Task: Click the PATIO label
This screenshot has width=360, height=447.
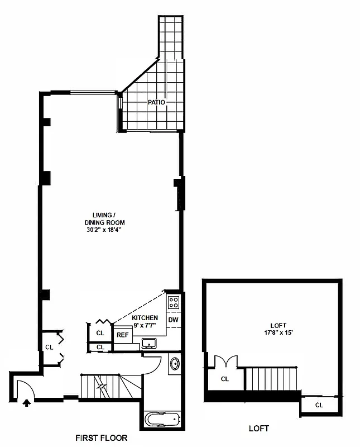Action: click(x=156, y=102)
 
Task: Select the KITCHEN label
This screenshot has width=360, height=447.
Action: click(x=145, y=317)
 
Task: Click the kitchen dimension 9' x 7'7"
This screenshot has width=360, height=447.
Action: click(x=145, y=325)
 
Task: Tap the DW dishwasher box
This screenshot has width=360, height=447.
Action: click(x=174, y=320)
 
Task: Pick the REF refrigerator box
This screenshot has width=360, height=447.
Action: click(x=122, y=336)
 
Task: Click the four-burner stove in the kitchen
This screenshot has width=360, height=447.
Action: click(x=174, y=302)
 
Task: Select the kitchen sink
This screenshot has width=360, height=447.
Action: click(x=149, y=343)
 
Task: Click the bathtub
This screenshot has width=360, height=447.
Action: click(x=162, y=419)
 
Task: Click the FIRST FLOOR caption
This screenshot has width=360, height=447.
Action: click(x=102, y=438)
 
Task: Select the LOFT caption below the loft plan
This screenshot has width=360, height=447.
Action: click(x=258, y=429)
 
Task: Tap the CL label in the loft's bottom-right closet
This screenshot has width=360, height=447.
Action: click(x=319, y=405)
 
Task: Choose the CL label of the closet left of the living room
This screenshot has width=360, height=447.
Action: click(x=49, y=347)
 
